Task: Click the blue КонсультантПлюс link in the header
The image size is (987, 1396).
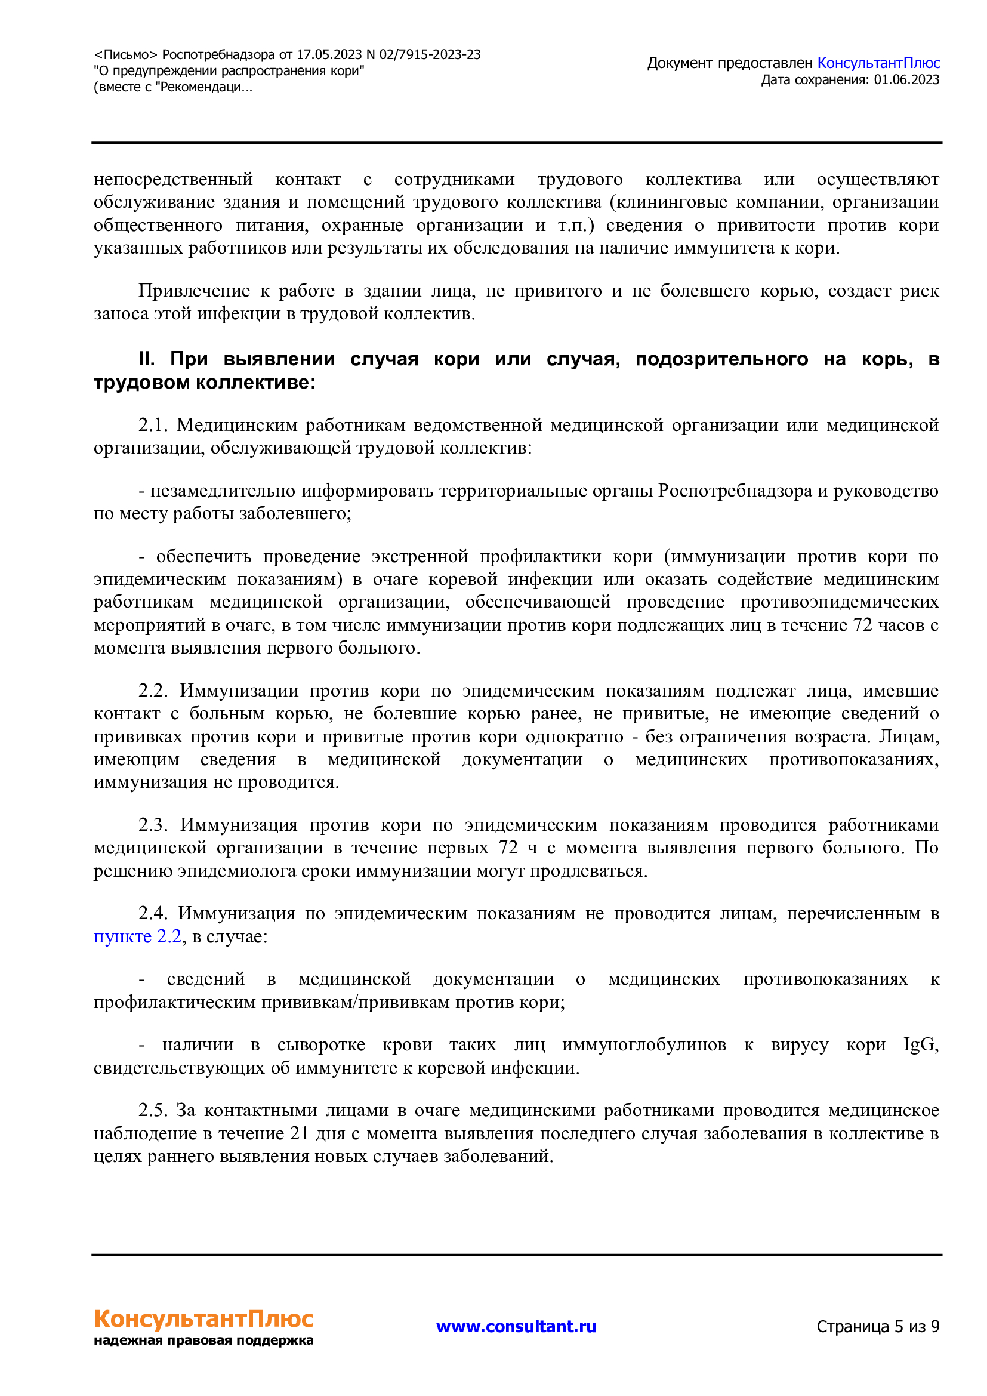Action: coord(878,63)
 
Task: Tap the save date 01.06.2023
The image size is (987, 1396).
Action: coord(906,79)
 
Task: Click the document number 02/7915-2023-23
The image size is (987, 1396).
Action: coord(430,55)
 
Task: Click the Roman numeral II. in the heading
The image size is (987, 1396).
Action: coord(146,359)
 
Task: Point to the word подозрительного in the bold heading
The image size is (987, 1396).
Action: coord(721,359)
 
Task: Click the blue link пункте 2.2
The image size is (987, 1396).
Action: coord(137,936)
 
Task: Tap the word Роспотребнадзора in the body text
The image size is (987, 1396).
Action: coord(735,491)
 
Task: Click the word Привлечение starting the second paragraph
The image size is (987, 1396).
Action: coord(194,291)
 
